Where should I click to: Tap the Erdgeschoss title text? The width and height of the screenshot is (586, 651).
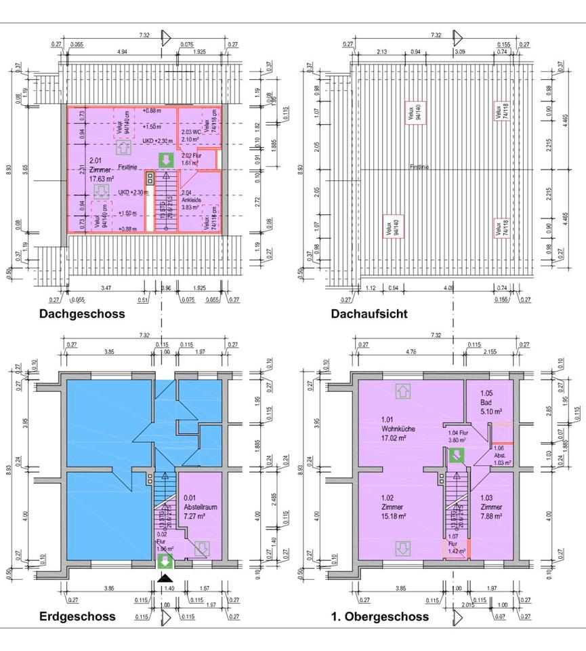coord(77,616)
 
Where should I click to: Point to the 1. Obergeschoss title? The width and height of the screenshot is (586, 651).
coord(381,616)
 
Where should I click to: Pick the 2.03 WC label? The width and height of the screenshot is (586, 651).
coord(191,136)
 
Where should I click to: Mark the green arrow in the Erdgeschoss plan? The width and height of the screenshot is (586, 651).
coord(163,561)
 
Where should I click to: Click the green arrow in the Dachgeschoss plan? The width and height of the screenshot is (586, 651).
coord(165,161)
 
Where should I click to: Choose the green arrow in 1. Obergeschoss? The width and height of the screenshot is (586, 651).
coord(457,455)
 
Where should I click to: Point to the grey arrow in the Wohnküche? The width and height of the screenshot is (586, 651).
coord(402,391)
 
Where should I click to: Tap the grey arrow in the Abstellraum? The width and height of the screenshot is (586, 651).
coord(201,548)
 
